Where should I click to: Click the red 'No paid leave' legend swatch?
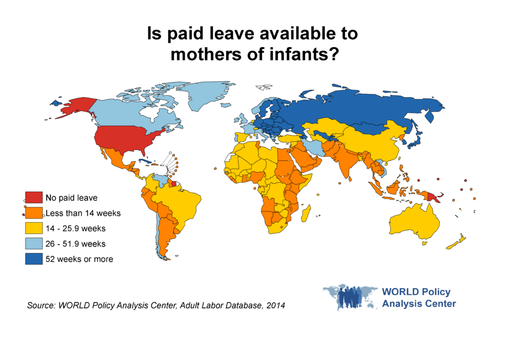tap(34, 197)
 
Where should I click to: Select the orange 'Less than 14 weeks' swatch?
tap(34, 213)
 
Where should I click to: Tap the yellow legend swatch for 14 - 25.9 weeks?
tap(34, 228)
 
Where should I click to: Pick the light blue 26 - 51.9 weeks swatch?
tap(34, 243)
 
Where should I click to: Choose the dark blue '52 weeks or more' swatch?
tap(34, 259)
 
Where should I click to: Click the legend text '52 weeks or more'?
tap(79, 259)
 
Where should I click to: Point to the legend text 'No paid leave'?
tap(72, 198)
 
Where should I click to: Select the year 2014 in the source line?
tap(275, 305)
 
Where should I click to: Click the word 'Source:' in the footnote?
tap(41, 305)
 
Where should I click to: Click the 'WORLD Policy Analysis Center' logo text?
tap(419, 298)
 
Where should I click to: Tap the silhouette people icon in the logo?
tap(350, 297)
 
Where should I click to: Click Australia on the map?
tap(414, 221)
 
